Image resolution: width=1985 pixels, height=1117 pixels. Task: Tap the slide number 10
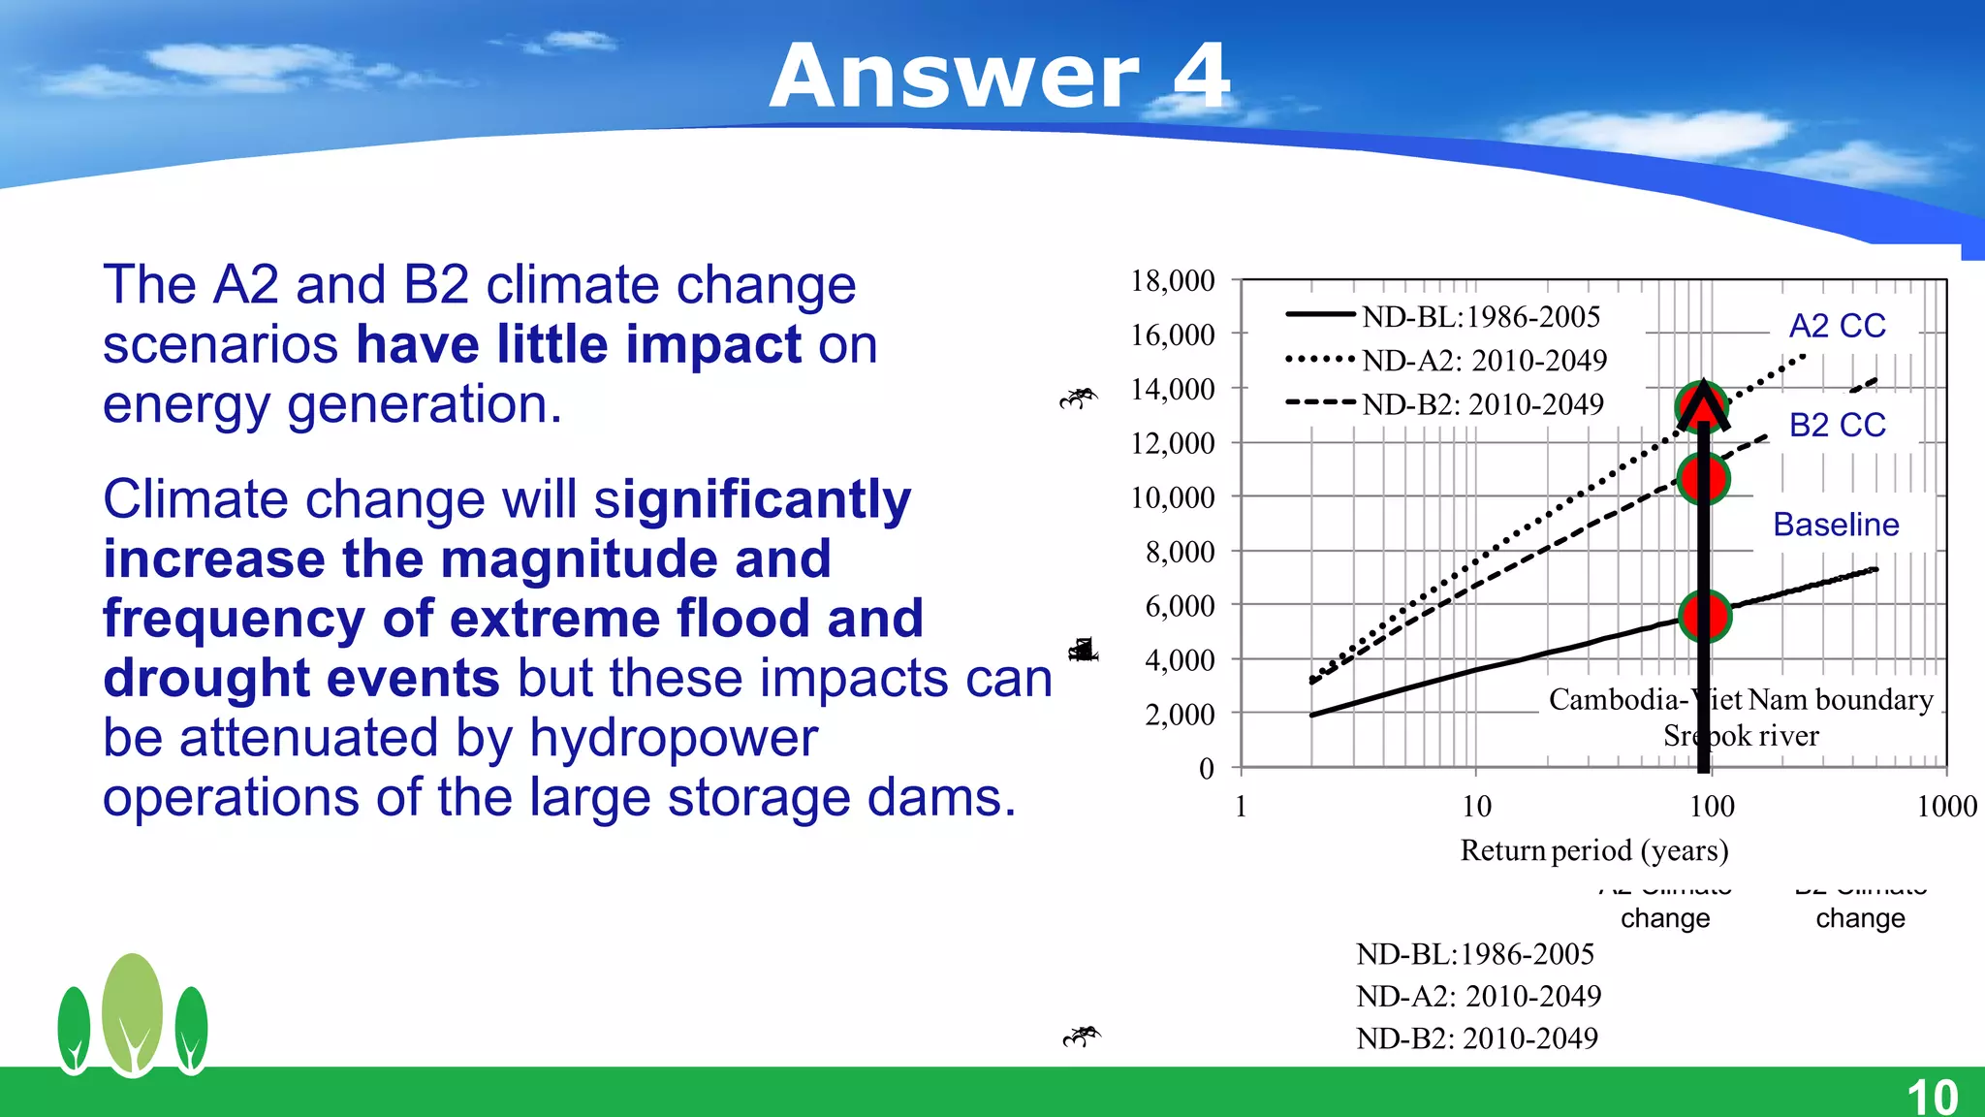[1932, 1097]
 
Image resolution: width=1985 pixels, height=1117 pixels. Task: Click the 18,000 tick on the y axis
[1172, 281]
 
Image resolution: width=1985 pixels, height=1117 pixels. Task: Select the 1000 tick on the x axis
[1946, 806]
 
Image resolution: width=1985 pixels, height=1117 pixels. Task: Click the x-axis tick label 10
[1476, 806]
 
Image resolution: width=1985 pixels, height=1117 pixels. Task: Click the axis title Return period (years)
[1594, 850]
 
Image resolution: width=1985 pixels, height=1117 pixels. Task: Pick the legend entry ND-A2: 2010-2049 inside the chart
[1484, 361]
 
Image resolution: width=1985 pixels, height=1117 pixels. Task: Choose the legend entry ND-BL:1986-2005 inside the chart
[1480, 317]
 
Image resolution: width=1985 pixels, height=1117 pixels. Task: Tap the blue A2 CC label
[1837, 326]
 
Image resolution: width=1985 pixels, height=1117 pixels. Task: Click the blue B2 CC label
[1837, 425]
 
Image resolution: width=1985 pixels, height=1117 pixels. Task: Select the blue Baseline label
[1835, 525]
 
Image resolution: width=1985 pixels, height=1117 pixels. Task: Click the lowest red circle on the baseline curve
[1704, 616]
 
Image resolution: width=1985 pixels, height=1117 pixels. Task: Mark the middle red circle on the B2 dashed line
[1704, 477]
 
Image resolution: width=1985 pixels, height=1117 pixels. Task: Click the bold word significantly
[752, 500]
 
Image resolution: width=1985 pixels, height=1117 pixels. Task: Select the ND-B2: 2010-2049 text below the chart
[1476, 1038]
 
